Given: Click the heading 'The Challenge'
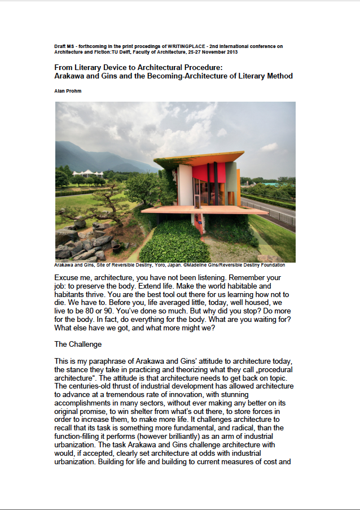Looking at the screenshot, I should click(x=78, y=343).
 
